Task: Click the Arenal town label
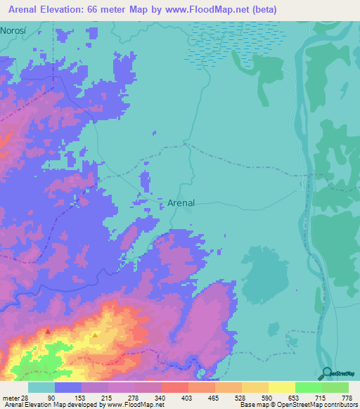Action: click(181, 202)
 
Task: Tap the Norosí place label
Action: click(15, 31)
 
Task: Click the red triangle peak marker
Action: click(48, 330)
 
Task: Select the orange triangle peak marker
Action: click(95, 335)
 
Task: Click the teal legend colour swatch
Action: click(41, 387)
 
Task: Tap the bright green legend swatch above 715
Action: click(308, 387)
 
